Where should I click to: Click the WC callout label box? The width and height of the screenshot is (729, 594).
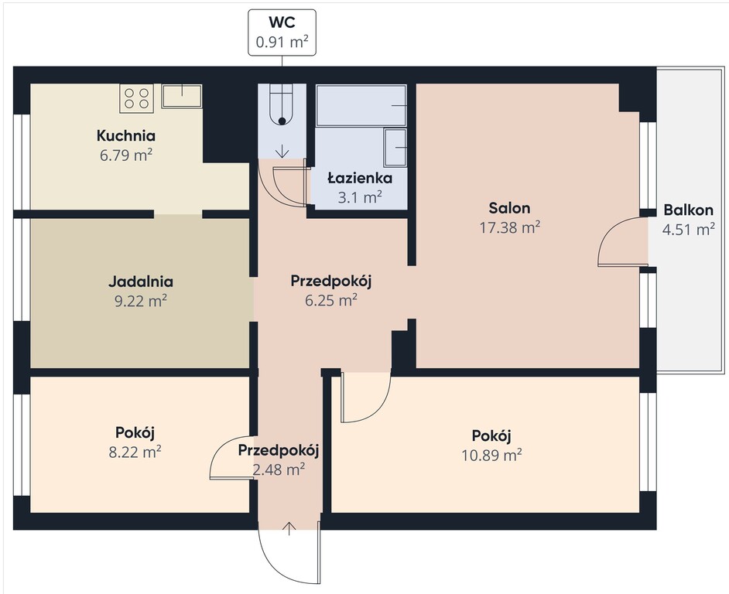282,32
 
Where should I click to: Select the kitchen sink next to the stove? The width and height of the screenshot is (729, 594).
181,96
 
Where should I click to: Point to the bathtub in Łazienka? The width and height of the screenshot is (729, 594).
361,105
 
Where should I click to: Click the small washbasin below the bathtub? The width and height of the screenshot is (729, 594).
395,147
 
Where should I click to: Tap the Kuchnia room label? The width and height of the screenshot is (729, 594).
126,135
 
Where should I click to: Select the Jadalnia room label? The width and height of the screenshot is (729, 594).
140,282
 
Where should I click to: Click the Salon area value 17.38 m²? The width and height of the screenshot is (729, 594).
509,227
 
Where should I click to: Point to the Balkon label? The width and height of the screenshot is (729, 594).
688,210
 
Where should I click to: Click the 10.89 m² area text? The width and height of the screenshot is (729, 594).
491,455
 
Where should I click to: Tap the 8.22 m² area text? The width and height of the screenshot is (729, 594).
135,452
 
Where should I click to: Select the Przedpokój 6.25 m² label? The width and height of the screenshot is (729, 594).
331,291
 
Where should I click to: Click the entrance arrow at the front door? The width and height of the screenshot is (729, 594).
289,528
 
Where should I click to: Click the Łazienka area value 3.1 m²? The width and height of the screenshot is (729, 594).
360,197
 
